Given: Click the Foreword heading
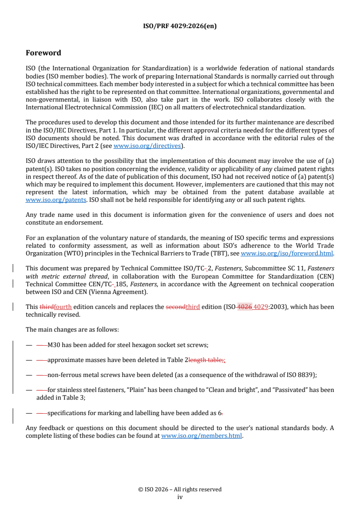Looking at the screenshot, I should tap(43, 53).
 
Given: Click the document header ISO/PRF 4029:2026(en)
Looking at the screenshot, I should tap(180, 26).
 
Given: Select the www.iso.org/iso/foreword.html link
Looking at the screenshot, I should tap(287, 254).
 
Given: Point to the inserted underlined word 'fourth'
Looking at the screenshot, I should tap(63, 307).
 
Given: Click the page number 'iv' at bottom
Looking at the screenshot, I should tap(180, 497).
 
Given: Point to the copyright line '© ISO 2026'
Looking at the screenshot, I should tap(180, 489).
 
